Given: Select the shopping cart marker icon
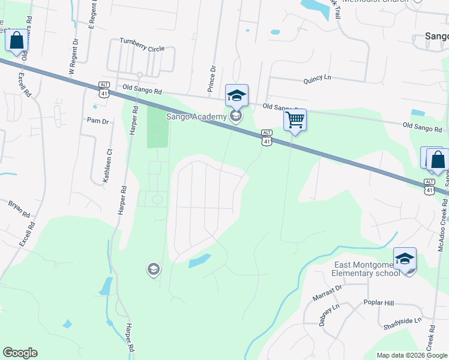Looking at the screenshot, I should tap(295, 120).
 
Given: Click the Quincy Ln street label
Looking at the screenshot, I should tap(317, 78).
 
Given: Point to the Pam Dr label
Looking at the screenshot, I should tap(98, 121).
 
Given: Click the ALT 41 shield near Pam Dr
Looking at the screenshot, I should tap(104, 90).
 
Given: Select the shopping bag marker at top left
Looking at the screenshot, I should tap(16, 41).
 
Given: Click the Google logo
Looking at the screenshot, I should tap(20, 353).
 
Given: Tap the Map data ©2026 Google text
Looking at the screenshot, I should tap(411, 355).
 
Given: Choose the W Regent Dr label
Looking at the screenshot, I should tap(74, 55).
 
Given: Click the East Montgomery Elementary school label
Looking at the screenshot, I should tap(366, 269).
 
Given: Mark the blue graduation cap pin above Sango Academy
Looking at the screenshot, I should tap(237, 95).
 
